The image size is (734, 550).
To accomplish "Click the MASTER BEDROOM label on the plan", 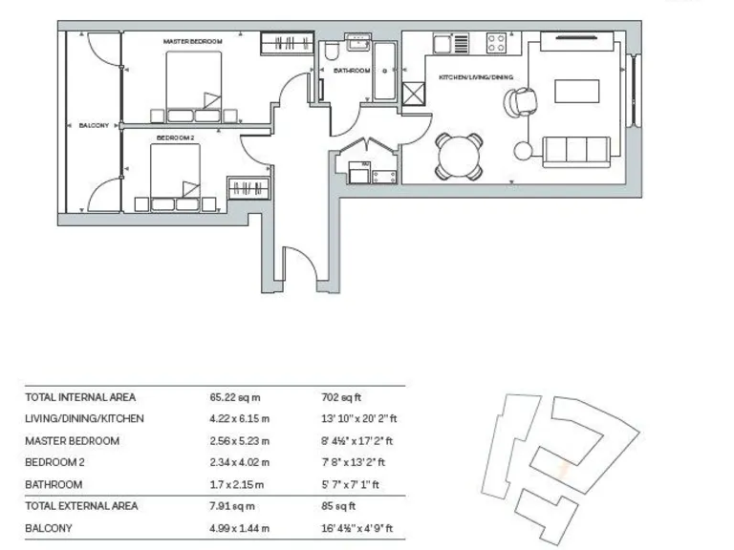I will (192, 42).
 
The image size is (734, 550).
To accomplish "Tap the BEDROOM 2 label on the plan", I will (175, 137).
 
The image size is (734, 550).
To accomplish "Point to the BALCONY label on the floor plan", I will (94, 125).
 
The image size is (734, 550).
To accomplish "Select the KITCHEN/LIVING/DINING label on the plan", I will (476, 76).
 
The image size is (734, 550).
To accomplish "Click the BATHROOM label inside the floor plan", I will (352, 70).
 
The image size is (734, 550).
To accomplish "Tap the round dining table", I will (459, 156).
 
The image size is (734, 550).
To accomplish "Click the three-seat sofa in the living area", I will (576, 149).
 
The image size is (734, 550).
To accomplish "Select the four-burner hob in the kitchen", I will (498, 43).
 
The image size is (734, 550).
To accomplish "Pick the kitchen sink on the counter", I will (443, 43).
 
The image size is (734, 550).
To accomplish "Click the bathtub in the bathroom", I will (385, 70).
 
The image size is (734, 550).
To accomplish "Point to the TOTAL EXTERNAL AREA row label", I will (81, 506).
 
